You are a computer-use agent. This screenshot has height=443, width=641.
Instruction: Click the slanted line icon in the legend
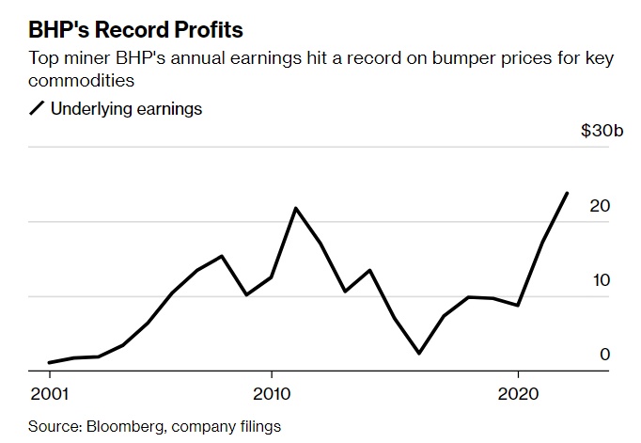(x=38, y=109)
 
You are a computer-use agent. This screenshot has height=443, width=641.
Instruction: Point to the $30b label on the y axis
(x=602, y=131)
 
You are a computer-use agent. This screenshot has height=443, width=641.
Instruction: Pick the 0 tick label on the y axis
(x=605, y=355)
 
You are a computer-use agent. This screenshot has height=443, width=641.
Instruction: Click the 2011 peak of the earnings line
(x=296, y=208)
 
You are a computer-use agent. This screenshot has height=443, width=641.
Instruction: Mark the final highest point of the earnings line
(x=567, y=193)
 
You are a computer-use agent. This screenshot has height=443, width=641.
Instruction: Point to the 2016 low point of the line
(x=419, y=354)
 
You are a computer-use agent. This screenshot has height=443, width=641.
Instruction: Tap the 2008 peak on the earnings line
(x=222, y=256)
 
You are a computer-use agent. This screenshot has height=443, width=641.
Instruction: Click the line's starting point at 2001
(x=49, y=362)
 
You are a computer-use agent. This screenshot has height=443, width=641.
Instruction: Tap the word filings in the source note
(x=258, y=426)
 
